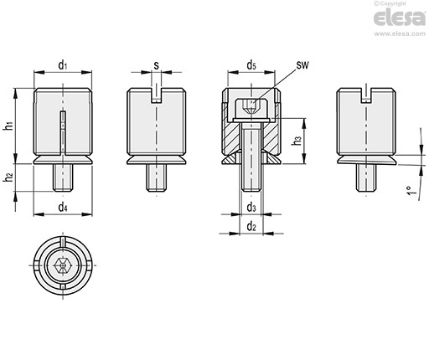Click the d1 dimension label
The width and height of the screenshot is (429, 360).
[63, 65]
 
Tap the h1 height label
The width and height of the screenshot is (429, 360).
[8, 126]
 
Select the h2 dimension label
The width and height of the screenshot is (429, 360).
[8, 177]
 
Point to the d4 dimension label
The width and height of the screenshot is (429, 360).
[63, 208]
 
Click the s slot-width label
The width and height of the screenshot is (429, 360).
[157, 65]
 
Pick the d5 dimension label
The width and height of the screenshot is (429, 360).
[251, 65]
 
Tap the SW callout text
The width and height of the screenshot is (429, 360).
[302, 65]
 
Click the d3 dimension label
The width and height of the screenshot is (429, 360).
[251, 208]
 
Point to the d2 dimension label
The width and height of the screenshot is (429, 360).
[251, 227]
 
